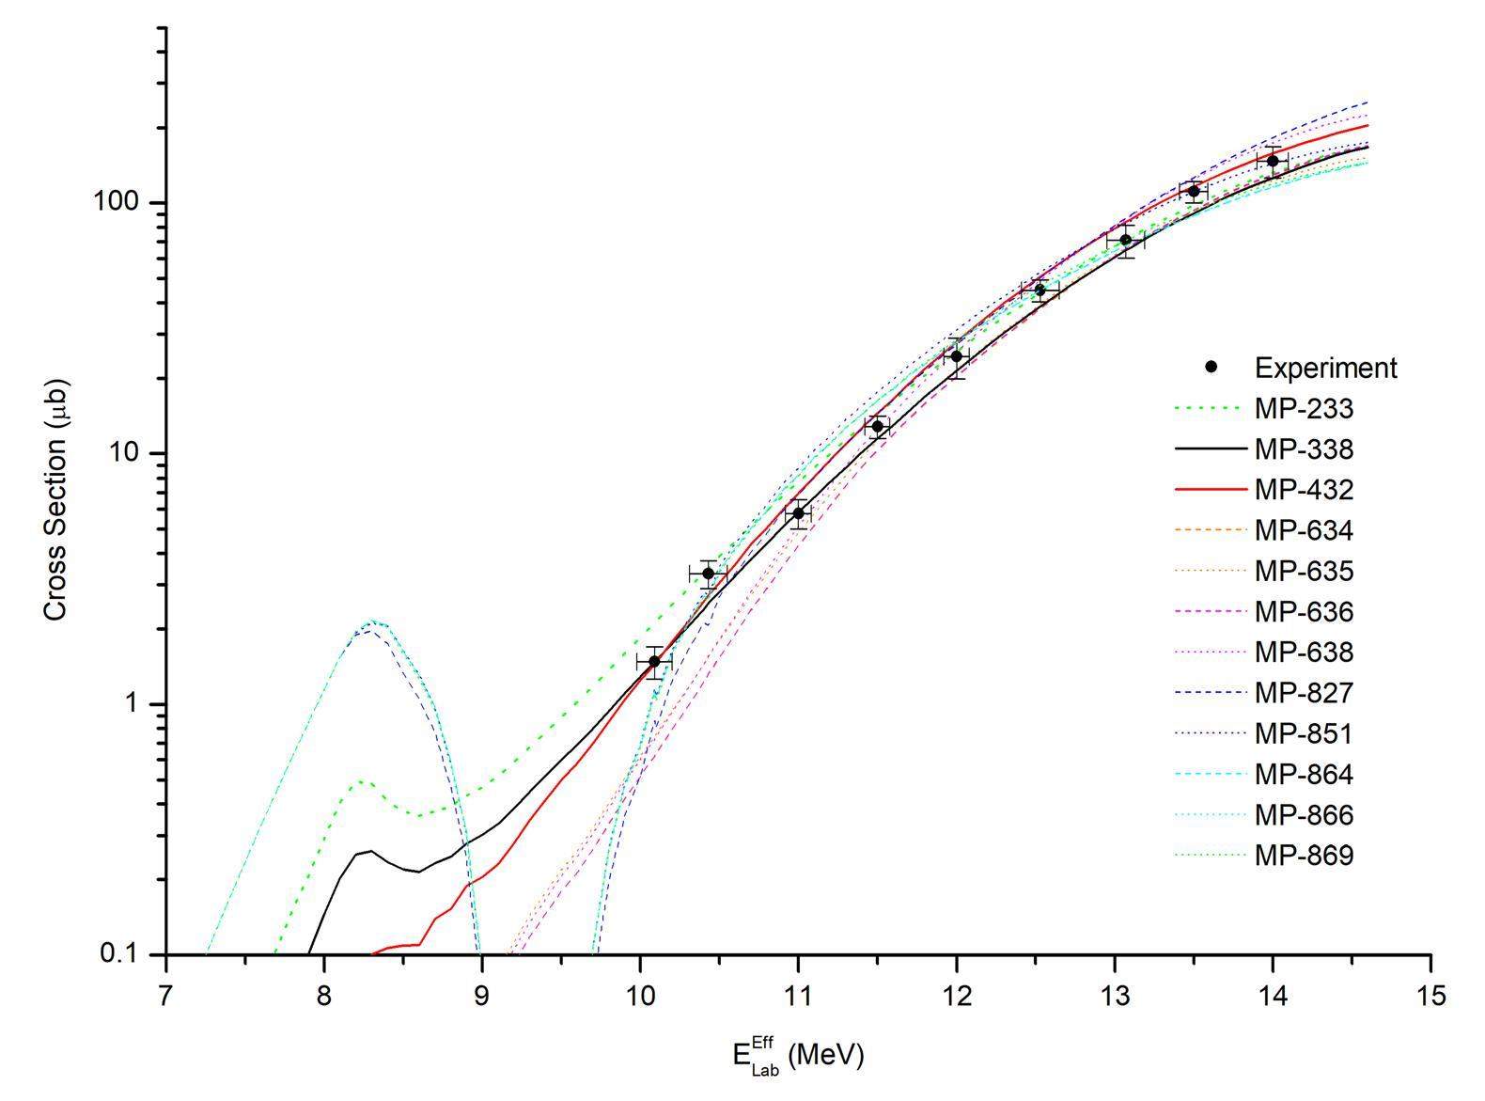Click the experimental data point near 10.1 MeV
(654, 661)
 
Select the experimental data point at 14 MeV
(1273, 161)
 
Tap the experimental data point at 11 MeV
(798, 513)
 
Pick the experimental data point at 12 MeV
(956, 356)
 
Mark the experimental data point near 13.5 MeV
(1194, 192)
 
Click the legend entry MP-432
(1304, 490)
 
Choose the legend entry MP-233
(1304, 409)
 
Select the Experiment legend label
(1325, 368)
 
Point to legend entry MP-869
(1304, 855)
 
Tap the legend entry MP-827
(1304, 693)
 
